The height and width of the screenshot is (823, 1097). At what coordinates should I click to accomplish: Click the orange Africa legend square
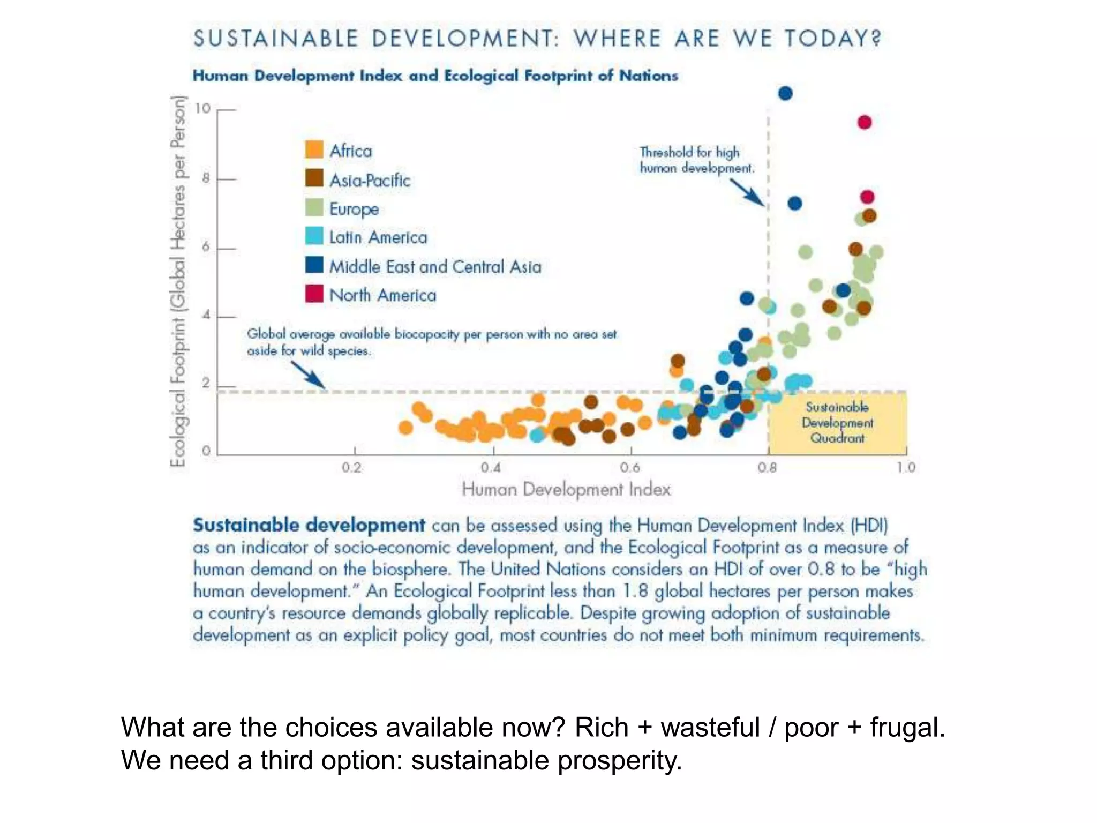(x=314, y=149)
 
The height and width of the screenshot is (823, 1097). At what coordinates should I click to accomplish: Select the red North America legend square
(x=314, y=294)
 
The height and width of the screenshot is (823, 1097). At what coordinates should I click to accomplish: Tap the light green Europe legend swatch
(x=314, y=207)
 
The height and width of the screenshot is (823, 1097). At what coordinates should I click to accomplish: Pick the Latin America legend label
(x=378, y=237)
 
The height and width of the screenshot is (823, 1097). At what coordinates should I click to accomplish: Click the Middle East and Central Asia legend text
(x=435, y=266)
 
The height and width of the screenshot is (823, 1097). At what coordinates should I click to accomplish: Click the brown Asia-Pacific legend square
(x=314, y=178)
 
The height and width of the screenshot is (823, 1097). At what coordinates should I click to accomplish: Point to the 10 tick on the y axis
(x=203, y=109)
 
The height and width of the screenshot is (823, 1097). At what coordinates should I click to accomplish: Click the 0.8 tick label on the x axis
(x=767, y=468)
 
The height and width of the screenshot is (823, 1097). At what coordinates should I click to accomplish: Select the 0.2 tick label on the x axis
(x=352, y=468)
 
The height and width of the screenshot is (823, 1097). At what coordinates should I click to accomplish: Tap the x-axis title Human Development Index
(x=566, y=489)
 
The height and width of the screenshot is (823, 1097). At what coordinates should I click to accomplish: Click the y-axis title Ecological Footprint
(x=178, y=281)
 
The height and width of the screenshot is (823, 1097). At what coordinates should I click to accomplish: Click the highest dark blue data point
(x=785, y=94)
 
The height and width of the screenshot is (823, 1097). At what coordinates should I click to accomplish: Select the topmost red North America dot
(x=865, y=123)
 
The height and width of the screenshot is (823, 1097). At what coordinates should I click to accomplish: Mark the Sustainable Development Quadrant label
(x=837, y=423)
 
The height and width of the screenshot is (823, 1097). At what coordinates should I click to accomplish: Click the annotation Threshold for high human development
(x=696, y=160)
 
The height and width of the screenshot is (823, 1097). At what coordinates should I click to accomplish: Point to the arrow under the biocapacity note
(x=307, y=374)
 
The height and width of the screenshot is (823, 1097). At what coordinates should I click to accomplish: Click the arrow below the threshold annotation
(x=747, y=192)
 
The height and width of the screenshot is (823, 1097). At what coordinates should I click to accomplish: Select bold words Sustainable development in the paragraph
(x=309, y=525)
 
